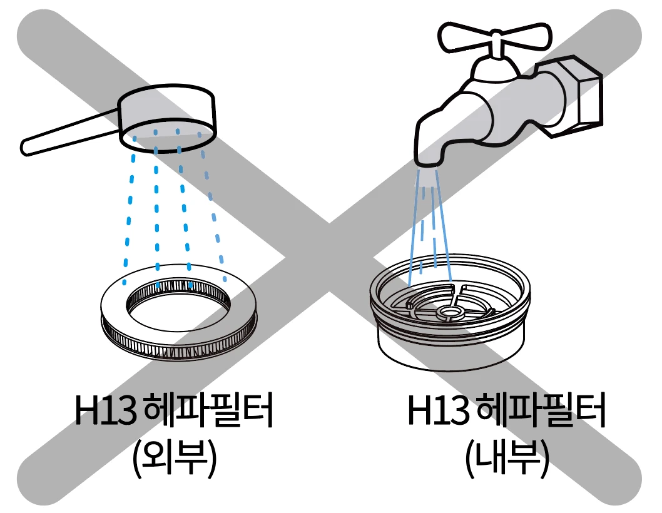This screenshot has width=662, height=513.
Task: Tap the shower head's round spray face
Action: click(168, 135)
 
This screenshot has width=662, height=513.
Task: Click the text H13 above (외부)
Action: click(106, 410)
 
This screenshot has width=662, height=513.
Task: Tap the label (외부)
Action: click(174, 459)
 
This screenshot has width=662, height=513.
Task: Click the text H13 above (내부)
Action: click(439, 410)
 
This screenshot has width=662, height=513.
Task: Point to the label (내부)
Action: click(507, 459)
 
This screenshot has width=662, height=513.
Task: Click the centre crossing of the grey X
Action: click(329, 258)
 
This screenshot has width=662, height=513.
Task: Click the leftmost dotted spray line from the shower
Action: click(129, 210)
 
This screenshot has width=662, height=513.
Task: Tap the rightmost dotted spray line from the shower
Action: click(213, 207)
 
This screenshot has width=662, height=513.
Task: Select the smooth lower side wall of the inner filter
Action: click(450, 353)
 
